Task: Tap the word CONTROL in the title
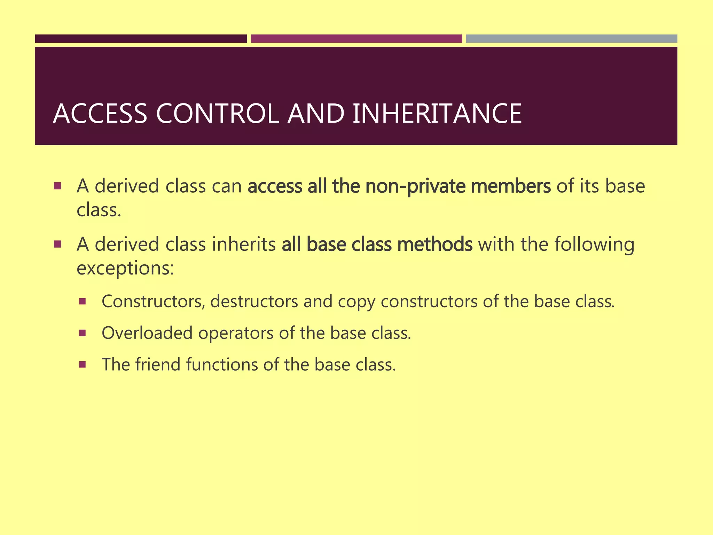coord(218,114)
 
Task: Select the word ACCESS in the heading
coord(100,114)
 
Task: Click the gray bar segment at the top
coord(571,39)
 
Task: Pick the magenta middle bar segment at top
coord(356,39)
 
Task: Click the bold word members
coord(511,186)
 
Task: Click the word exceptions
coord(125,269)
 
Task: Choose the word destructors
coord(254,301)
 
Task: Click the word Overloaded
coord(147,333)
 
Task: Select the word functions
coord(222,365)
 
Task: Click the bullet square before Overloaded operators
coord(83,333)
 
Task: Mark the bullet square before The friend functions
coord(83,365)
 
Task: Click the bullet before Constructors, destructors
coord(83,302)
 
